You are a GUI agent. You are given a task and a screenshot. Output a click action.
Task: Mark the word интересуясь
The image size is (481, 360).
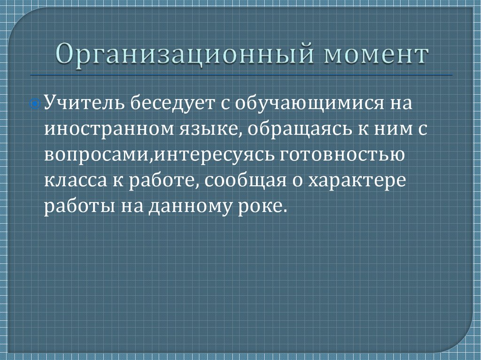(216, 155)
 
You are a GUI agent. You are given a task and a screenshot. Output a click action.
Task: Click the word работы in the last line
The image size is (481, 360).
(76, 207)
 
